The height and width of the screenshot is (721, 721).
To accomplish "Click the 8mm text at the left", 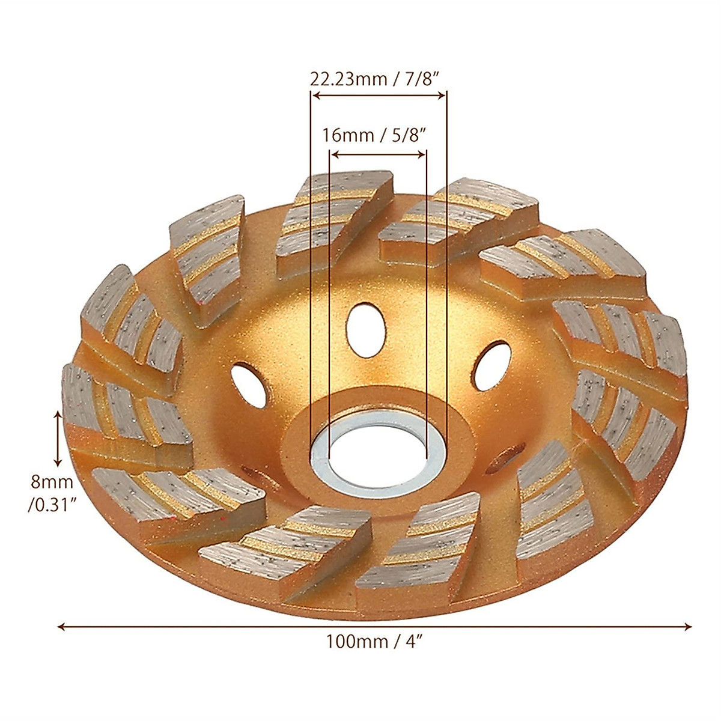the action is coord(52,481).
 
